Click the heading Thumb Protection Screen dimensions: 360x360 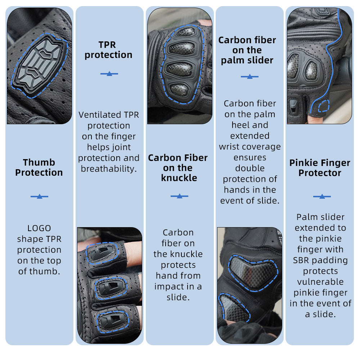pos(39,167)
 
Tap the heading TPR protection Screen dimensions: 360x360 pos(108,50)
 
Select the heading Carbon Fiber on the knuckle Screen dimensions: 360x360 pos(178,168)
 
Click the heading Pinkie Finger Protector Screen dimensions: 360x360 pos(320,168)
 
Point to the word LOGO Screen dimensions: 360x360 pos(39,228)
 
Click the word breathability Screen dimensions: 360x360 pos(109,169)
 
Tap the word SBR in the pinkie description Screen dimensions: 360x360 pos(301,260)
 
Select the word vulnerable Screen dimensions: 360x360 pos(320,282)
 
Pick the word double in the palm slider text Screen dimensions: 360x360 pos(250,168)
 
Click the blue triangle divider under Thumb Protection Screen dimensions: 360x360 pos(39,197)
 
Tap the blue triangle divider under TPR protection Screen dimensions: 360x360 pos(109,74)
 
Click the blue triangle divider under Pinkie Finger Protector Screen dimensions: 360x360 pos(322,197)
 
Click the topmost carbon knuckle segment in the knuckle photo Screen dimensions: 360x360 pos(186,32)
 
